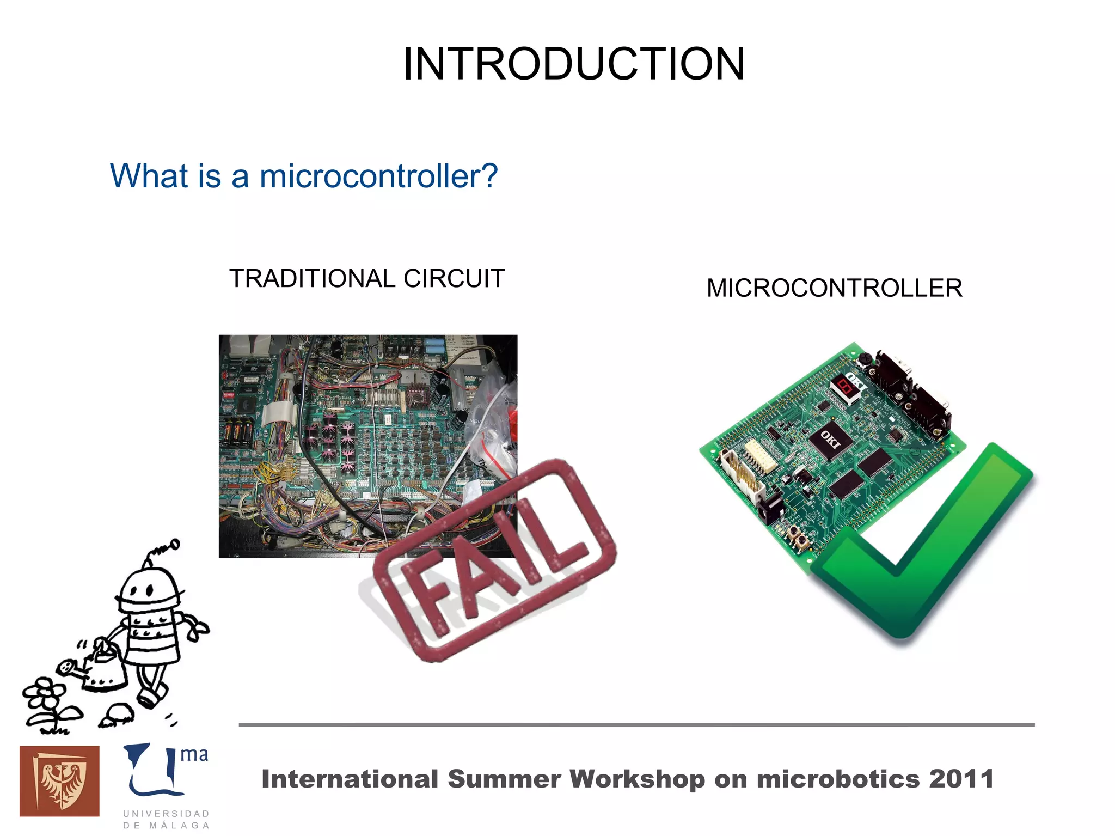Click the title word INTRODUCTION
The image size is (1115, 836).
pos(573,64)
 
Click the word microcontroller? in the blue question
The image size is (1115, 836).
pos(378,176)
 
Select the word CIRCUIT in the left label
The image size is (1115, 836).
pos(454,279)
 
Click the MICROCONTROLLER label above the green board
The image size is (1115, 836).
pos(834,288)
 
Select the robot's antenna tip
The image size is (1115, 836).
pos(175,544)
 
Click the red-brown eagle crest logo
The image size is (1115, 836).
pos(59,781)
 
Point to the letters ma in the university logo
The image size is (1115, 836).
pos(194,755)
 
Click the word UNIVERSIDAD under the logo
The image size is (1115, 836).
pos(166,814)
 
